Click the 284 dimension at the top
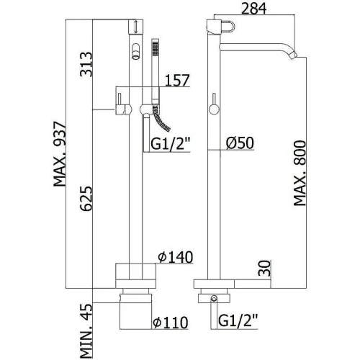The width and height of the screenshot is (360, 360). [x=253, y=9]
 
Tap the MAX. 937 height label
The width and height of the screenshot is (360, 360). [x=59, y=154]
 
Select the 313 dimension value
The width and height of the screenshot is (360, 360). [x=86, y=64]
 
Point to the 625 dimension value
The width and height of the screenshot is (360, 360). [x=86, y=199]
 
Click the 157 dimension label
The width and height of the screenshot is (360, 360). [x=177, y=80]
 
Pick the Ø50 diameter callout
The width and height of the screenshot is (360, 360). [x=240, y=143]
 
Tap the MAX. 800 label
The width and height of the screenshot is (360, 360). [x=300, y=174]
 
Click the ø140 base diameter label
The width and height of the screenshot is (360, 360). [x=176, y=257]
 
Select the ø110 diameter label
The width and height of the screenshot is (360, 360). [x=171, y=323]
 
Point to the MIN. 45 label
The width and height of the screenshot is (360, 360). [x=86, y=331]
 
